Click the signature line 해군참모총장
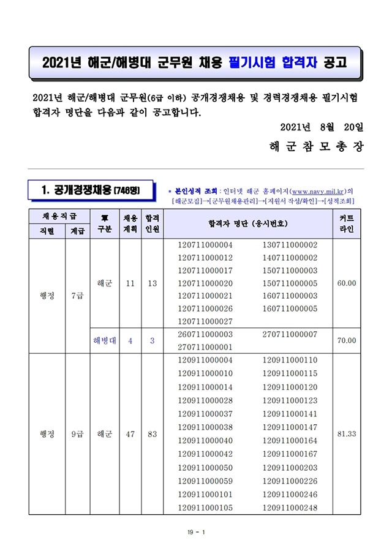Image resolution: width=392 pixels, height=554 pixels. (x=316, y=148)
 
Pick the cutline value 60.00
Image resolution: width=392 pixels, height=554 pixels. (x=347, y=283)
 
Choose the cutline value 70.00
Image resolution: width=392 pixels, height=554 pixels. (x=347, y=340)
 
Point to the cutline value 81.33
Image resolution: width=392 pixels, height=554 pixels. (x=347, y=433)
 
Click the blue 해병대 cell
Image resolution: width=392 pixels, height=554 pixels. (x=104, y=340)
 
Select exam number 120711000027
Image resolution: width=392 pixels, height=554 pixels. (x=205, y=321)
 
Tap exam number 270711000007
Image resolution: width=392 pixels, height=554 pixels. (x=290, y=334)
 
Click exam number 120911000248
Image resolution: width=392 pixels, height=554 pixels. (x=290, y=508)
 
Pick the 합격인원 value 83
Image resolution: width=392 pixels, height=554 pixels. (x=152, y=434)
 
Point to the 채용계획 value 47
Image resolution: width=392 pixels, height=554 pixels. (x=130, y=434)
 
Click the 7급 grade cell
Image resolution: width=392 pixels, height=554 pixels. (x=77, y=296)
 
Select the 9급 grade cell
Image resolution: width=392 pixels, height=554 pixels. (x=77, y=434)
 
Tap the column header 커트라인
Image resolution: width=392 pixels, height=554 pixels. (x=347, y=223)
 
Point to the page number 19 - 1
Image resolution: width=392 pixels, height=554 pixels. (x=196, y=533)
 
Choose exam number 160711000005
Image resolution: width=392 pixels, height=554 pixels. (x=290, y=309)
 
